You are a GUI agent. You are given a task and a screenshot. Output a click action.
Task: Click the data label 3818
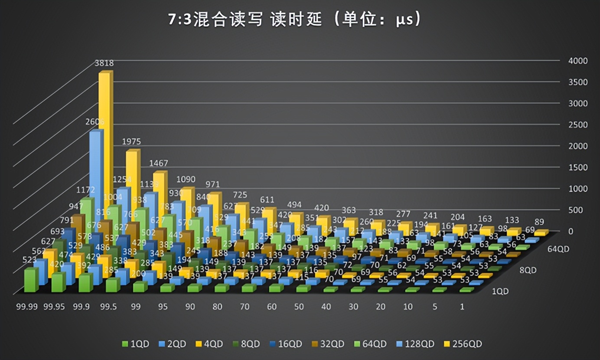[x=104, y=63]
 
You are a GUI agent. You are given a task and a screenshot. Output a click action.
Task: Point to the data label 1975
[x=131, y=142]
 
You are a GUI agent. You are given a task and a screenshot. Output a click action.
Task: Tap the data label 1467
[x=158, y=164]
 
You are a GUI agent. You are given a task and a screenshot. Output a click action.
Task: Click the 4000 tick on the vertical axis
[x=578, y=61]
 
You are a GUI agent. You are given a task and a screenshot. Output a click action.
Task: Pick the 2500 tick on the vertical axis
[x=578, y=125]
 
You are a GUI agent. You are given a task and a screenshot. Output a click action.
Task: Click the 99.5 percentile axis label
[x=108, y=307]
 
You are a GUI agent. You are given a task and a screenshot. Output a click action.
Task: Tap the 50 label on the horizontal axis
[x=299, y=307]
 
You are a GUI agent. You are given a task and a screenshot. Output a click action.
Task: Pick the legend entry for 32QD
[x=328, y=344]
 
